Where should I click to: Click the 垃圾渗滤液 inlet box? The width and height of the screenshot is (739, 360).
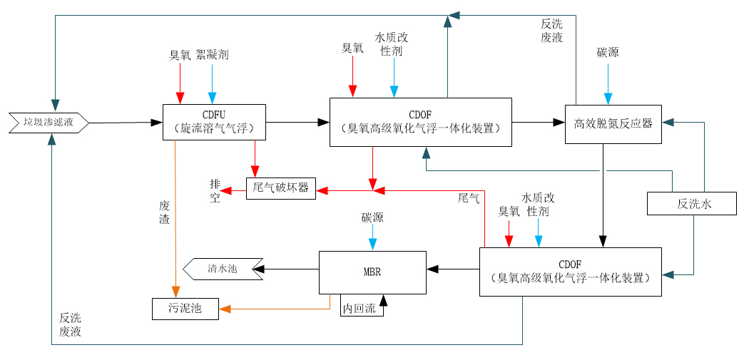49,123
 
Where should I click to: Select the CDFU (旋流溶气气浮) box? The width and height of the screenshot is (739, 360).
214,122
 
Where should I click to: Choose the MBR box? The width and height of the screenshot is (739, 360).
372,272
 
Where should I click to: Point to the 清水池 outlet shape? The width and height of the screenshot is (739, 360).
220,269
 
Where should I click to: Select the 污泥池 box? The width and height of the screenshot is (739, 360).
185,309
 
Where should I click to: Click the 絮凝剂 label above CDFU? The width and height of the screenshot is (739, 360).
212,55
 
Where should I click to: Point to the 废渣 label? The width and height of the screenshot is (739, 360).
164,212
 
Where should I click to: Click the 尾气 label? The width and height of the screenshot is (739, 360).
468,197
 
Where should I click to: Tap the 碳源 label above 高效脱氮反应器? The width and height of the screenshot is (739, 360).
608,53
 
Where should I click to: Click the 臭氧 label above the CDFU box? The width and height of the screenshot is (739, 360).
180,55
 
